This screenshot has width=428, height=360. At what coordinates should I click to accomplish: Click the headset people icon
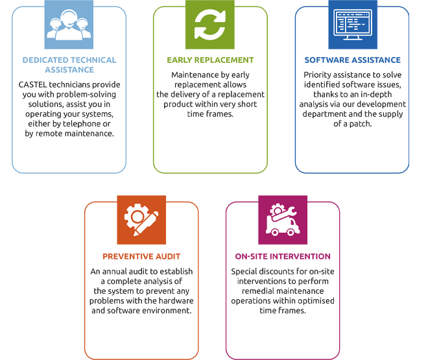point(69,25)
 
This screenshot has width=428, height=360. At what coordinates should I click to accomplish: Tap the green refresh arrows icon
point(210,25)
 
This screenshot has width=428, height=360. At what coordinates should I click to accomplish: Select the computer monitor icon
point(353,25)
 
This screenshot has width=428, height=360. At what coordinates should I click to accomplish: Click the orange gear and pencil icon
point(141,220)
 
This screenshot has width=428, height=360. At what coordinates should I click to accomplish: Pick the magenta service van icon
point(283,220)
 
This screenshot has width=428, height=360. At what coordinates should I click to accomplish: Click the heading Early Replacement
point(210,60)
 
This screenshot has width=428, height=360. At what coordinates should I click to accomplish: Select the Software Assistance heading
point(352,60)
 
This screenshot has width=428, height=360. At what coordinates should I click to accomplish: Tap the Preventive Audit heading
point(141,257)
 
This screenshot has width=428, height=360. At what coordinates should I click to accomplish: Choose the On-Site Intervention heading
point(283,257)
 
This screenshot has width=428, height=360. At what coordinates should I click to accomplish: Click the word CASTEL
point(32,84)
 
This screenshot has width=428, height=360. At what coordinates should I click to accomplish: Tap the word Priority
point(317,75)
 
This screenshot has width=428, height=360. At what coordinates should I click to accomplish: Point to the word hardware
point(176,301)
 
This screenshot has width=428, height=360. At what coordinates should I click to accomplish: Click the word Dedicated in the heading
point(45,60)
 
